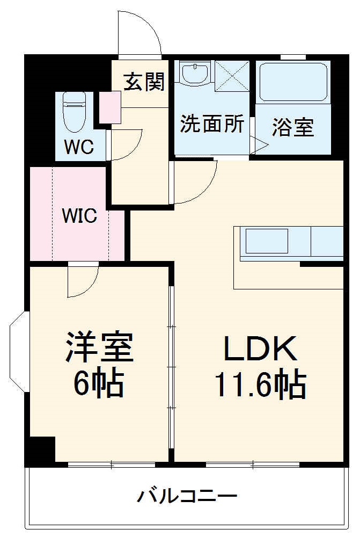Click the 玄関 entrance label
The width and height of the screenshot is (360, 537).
pos(144,82)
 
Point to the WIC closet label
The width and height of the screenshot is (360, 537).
pos(79,216)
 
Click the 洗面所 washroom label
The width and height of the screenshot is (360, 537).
pos(212,125)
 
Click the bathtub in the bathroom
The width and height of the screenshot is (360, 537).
pos(293,82)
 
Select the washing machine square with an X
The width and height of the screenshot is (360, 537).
pos(232,75)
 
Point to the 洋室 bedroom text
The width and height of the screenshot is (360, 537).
pos(99,348)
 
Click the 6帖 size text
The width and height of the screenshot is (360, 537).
pos(99,383)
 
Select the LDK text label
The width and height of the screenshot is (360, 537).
pos(260,349)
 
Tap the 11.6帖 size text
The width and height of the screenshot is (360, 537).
pos(260,384)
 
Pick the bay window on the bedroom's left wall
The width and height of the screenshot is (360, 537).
pos(19,352)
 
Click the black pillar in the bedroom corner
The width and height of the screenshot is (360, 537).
pos(42,450)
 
